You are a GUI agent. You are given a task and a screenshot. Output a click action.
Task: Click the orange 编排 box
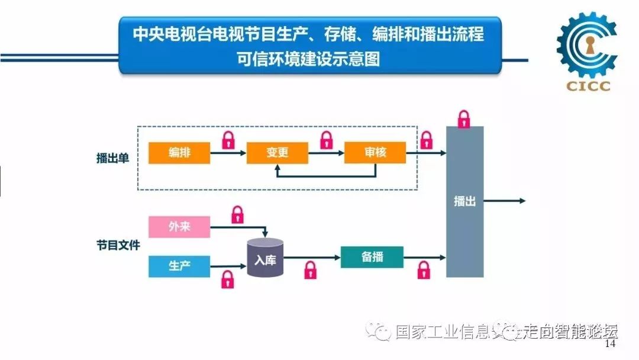179,153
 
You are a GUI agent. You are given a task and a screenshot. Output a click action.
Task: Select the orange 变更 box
277,153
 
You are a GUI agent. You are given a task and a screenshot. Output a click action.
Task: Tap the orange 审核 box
375,153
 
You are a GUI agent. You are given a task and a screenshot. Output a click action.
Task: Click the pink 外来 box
179,227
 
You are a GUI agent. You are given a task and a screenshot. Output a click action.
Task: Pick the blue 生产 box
179,266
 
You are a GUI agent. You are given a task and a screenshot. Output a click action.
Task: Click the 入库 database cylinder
266,258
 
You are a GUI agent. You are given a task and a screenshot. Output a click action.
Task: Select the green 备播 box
372,257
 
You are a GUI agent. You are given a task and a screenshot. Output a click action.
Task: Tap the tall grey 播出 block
464,201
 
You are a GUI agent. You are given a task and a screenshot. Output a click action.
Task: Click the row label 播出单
112,158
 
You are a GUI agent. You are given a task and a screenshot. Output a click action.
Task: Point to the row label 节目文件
119,245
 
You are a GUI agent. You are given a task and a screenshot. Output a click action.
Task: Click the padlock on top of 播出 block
464,118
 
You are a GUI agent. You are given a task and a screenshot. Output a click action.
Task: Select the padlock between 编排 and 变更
228,140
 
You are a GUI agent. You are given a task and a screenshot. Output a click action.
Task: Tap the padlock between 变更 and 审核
326,140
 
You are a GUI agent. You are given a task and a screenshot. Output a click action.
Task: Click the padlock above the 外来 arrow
237,214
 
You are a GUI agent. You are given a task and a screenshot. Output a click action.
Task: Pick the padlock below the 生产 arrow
227,279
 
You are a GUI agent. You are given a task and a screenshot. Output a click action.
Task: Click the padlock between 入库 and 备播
310,270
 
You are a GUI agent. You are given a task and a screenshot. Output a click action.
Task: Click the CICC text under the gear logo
588,86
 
